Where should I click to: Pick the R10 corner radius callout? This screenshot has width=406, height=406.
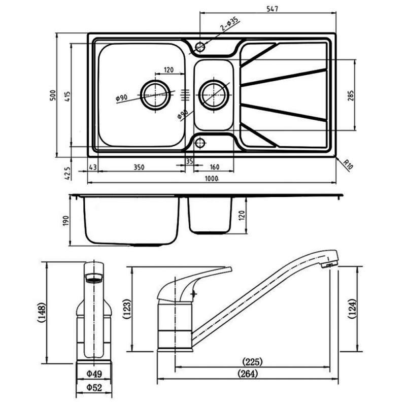(348, 163)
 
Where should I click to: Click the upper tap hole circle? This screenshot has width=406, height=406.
(200, 47)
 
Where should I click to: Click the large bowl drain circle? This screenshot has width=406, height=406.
(155, 94)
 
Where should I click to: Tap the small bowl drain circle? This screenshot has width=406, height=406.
(214, 94)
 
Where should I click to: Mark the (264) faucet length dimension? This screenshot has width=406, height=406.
(248, 374)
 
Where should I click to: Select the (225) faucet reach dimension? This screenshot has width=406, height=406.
(251, 362)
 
